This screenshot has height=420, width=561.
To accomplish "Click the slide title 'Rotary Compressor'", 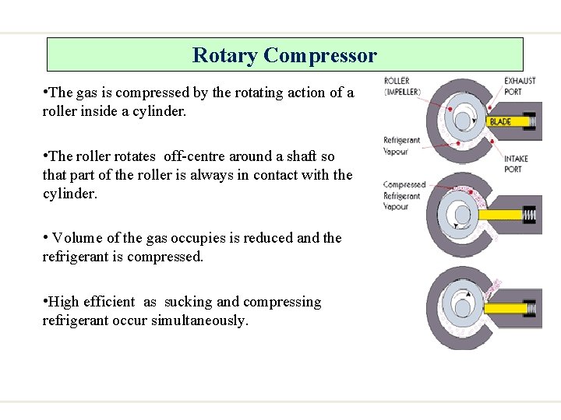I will click(x=284, y=56).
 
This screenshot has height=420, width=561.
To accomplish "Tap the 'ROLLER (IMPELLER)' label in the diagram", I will click(x=402, y=86).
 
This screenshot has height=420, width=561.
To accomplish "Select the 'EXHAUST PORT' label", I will click(x=519, y=86).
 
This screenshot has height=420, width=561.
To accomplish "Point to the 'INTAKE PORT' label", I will click(x=516, y=163).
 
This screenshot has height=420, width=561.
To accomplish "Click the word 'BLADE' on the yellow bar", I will click(x=500, y=121).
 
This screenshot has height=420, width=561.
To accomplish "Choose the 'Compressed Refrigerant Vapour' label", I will click(x=404, y=196).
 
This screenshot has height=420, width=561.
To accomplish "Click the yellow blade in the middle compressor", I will click(x=499, y=214).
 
